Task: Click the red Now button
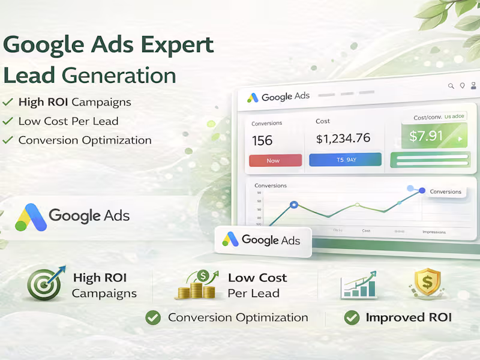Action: click(x=275, y=160)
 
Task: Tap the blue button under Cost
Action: click(x=345, y=160)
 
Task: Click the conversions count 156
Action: click(x=262, y=141)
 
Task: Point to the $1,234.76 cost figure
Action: click(x=343, y=139)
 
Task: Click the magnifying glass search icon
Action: click(x=451, y=86)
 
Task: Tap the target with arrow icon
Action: click(x=44, y=284)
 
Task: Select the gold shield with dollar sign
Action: click(x=427, y=284)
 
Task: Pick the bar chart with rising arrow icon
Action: click(x=358, y=284)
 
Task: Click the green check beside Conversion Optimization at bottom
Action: click(x=154, y=318)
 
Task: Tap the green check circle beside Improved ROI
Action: click(x=352, y=318)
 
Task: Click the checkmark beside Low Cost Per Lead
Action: click(x=8, y=121)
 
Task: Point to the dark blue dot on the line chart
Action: click(x=422, y=191)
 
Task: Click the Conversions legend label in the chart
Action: click(x=446, y=192)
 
